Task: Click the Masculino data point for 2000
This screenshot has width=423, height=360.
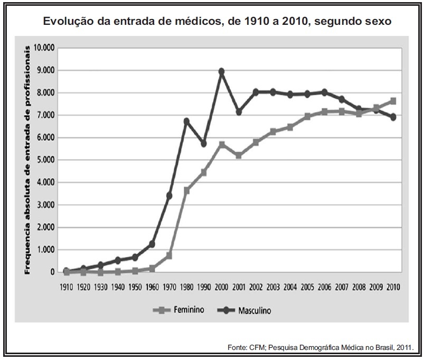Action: [x=222, y=71]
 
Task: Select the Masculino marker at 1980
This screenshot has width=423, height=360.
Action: [x=186, y=121]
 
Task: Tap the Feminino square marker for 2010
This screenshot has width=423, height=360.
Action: [x=392, y=101]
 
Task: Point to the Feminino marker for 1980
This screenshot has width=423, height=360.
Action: [x=186, y=190]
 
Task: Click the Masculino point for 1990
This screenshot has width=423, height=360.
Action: [x=204, y=144]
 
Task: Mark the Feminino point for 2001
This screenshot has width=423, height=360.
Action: [x=239, y=155]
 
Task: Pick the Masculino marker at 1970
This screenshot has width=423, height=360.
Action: [x=170, y=196]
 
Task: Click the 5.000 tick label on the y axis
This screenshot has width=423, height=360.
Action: [x=45, y=160]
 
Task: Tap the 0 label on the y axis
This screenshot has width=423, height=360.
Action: [x=52, y=272]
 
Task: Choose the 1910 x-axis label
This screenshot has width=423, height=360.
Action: [x=66, y=287]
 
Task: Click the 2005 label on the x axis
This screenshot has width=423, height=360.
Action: [x=307, y=287]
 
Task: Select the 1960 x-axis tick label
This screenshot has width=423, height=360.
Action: [x=152, y=287]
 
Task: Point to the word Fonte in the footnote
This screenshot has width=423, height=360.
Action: [x=237, y=347]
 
